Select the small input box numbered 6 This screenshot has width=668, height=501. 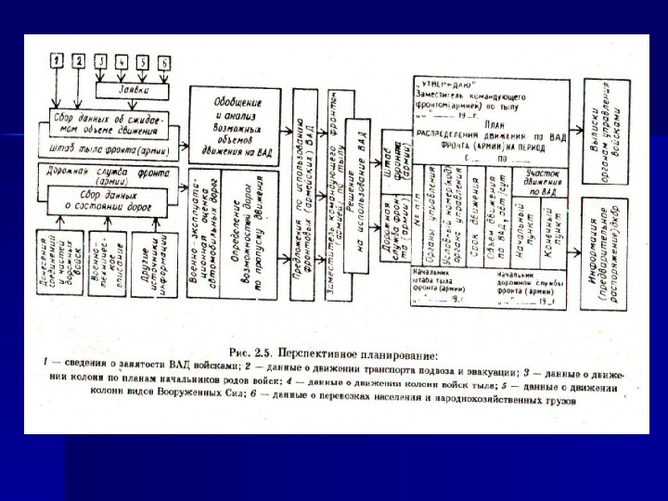[x=164, y=62]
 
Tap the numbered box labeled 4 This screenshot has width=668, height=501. [x=122, y=62]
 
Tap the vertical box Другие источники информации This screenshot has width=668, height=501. [x=148, y=263]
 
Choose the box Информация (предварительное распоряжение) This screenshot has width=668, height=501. [x=610, y=252]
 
